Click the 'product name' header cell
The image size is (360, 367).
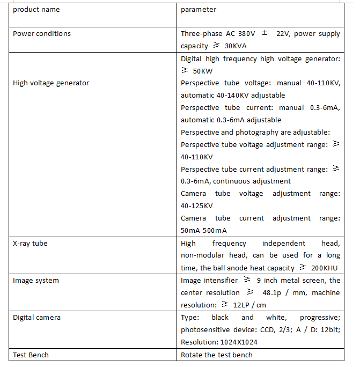pos(36,10)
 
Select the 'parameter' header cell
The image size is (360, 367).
pos(199,10)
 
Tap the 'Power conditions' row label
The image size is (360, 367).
pos(42,34)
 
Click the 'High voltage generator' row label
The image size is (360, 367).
pos(51,83)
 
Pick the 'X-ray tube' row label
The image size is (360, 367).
pos(30,244)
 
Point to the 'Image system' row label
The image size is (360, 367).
pos(36,281)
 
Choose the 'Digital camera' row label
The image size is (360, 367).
pos(38,318)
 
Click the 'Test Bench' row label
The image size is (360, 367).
pos(31,355)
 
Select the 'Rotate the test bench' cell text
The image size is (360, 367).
pos(217,355)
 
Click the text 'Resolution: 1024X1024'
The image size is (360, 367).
pos(219,342)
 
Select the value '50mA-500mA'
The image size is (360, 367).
pos(204,231)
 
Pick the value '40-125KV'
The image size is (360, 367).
pos(197,206)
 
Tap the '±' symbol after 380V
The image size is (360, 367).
pos(265,33)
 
